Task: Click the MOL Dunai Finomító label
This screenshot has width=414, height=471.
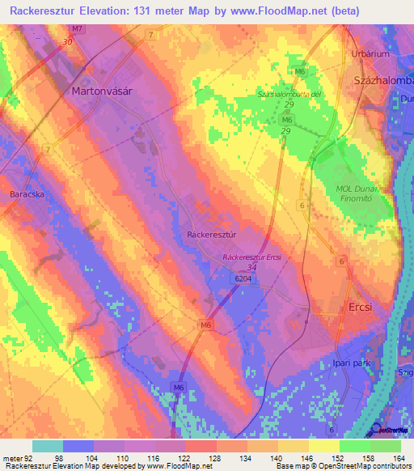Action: tap(362, 194)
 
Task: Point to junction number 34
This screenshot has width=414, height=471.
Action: tap(252, 267)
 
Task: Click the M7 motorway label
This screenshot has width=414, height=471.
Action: tap(76, 29)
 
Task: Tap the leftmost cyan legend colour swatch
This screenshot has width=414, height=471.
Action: tap(47, 446)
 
